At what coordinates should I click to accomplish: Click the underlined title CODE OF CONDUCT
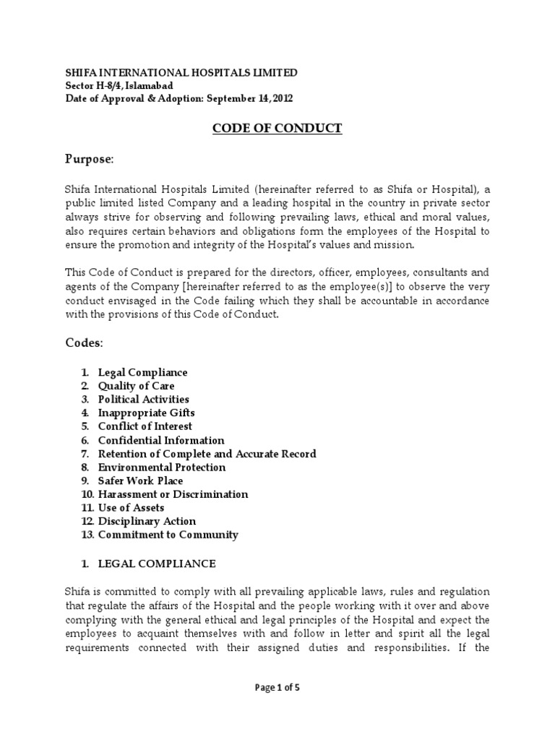pos(277,129)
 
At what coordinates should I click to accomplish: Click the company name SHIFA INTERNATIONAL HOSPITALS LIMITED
pos(181,73)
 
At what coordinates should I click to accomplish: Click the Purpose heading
pos(90,158)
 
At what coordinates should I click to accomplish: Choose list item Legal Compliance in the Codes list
pos(142,372)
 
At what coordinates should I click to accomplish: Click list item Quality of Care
pos(136,386)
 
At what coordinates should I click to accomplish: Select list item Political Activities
pos(143,399)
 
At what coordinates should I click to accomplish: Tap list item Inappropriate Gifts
pos(146,413)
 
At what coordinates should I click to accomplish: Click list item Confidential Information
pos(161,440)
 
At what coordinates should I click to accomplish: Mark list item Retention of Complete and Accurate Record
pos(207,454)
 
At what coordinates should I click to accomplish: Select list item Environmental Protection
pos(162,467)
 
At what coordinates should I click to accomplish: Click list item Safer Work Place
pos(140,481)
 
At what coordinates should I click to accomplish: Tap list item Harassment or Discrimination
pos(173,494)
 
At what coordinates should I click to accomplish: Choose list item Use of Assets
pos(131,508)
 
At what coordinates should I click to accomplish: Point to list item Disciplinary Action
pos(147,521)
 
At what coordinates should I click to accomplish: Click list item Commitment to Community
pos(168,535)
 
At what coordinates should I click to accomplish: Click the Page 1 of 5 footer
pos(277,688)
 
